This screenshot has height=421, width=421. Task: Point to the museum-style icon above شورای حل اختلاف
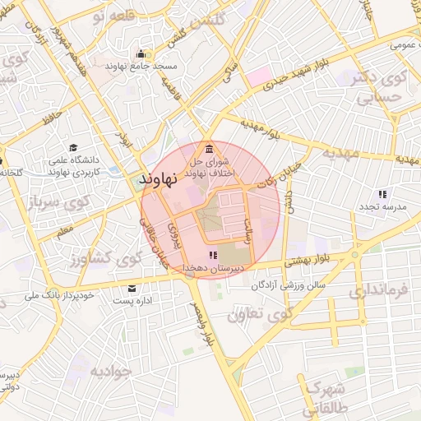[210, 149]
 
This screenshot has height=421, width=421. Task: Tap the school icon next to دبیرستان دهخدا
[214, 256]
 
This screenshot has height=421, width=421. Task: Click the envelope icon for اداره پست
[132, 289]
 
